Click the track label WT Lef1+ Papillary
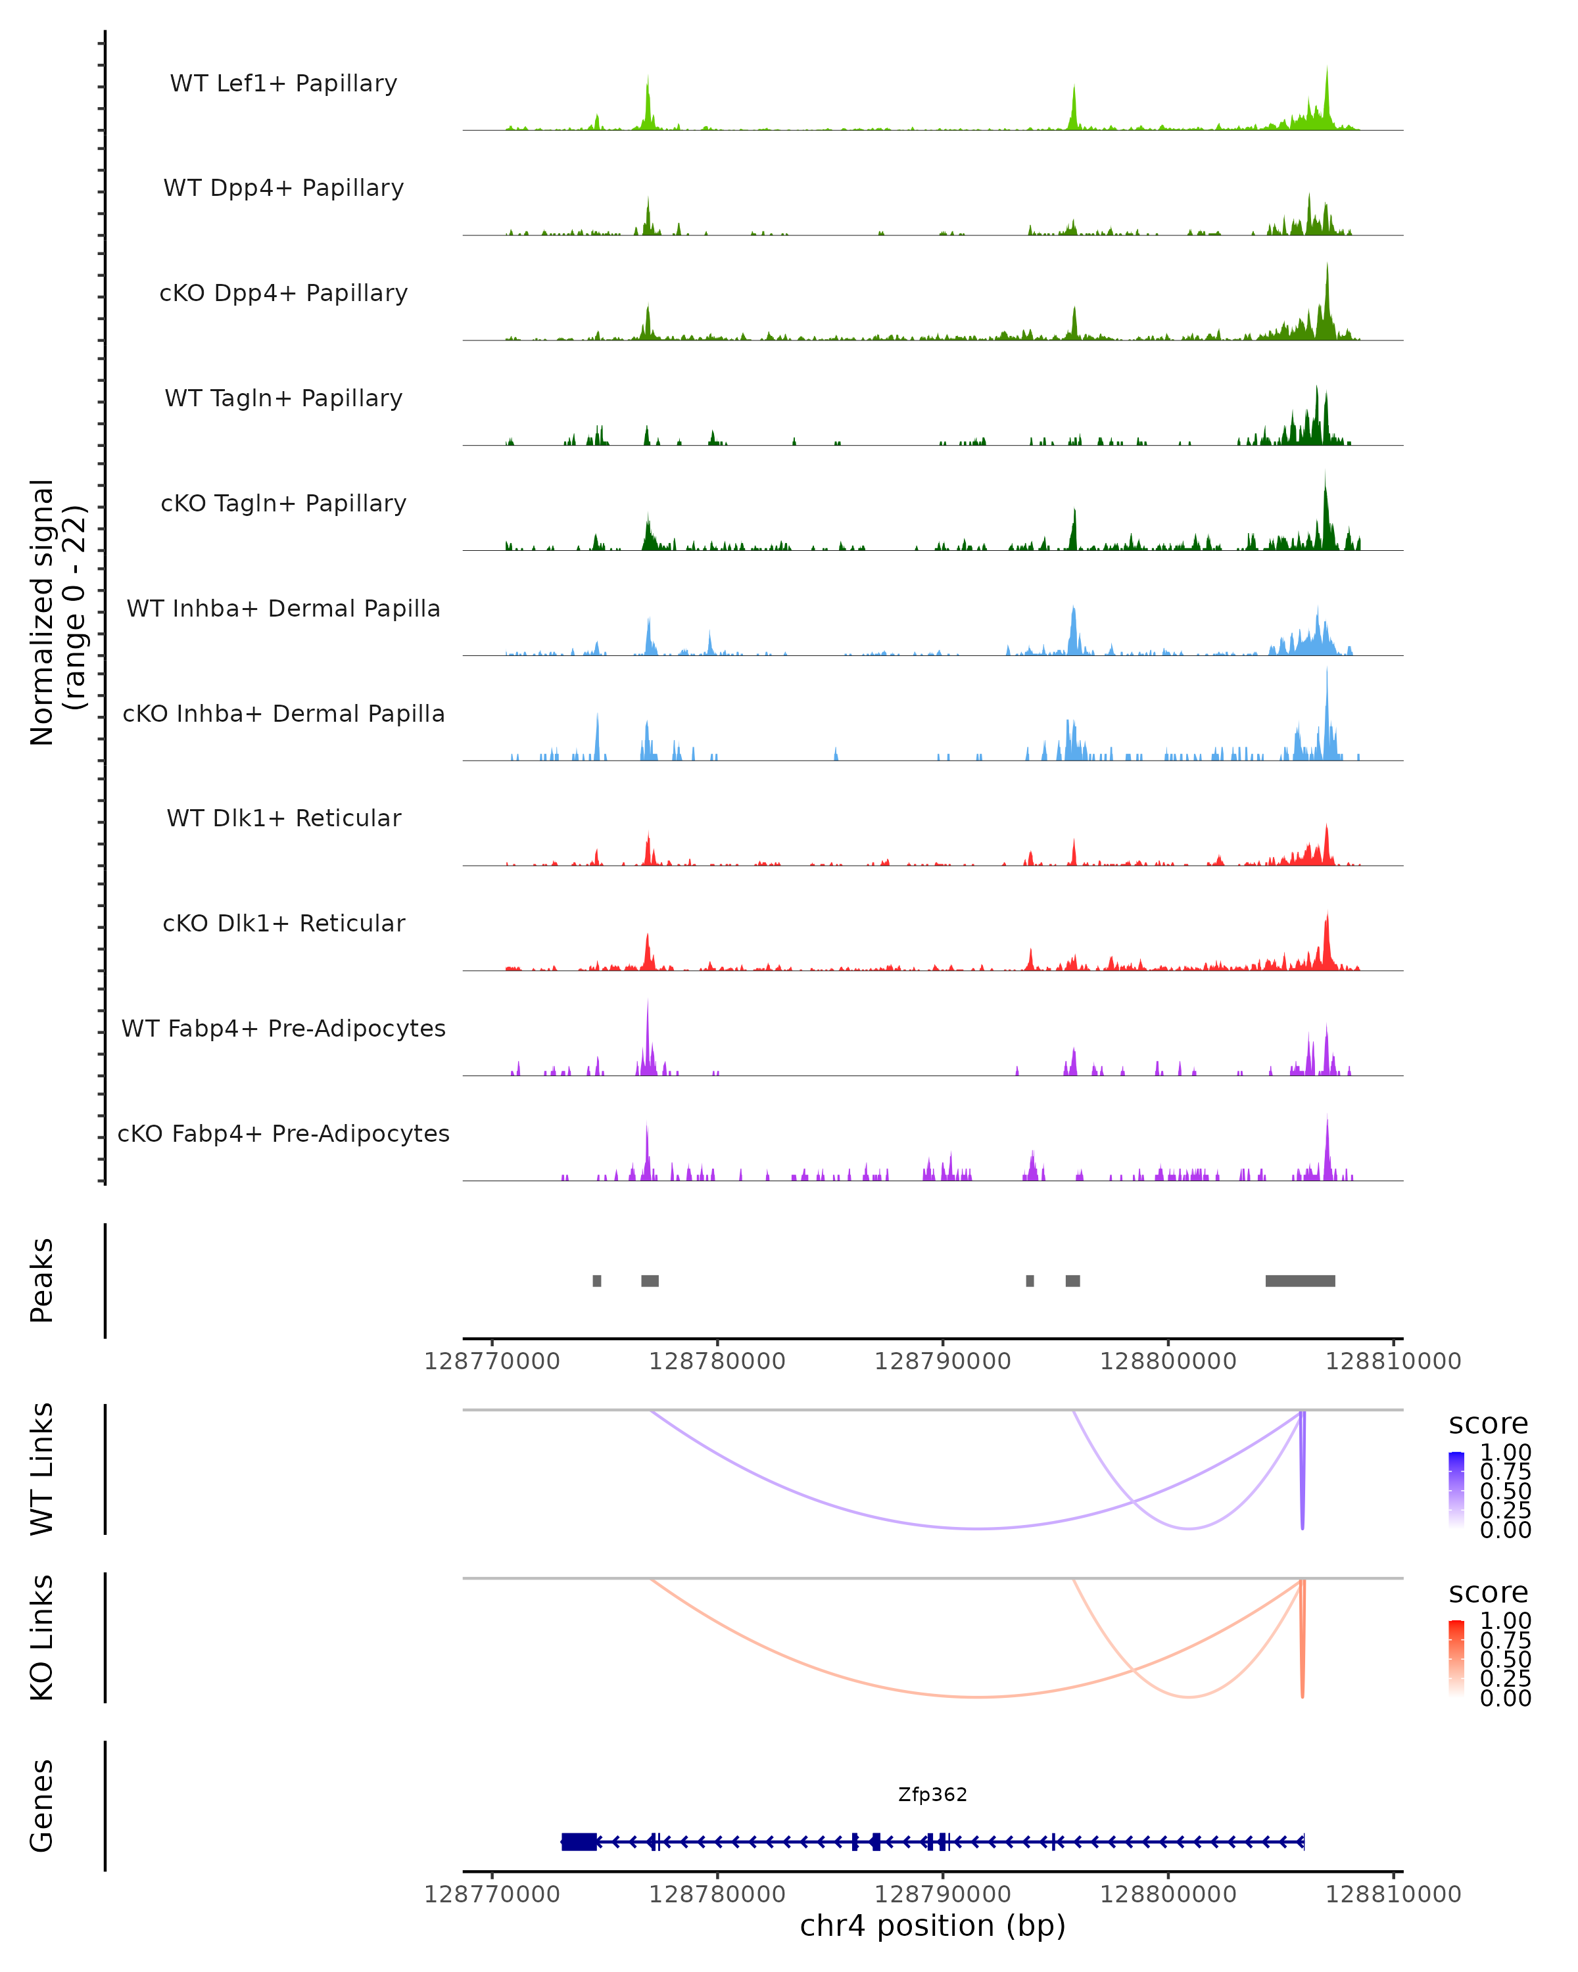[283, 83]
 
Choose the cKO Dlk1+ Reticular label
[283, 923]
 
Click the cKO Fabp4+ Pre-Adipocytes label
[283, 1133]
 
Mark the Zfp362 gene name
[932, 1795]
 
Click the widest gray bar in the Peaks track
[1300, 1280]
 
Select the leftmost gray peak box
[596, 1280]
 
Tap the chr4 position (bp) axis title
[932, 1925]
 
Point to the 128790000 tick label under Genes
[942, 1893]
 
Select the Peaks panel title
[42, 1280]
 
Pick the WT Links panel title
[42, 1469]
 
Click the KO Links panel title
[42, 1638]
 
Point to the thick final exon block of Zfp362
[579, 1841]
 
